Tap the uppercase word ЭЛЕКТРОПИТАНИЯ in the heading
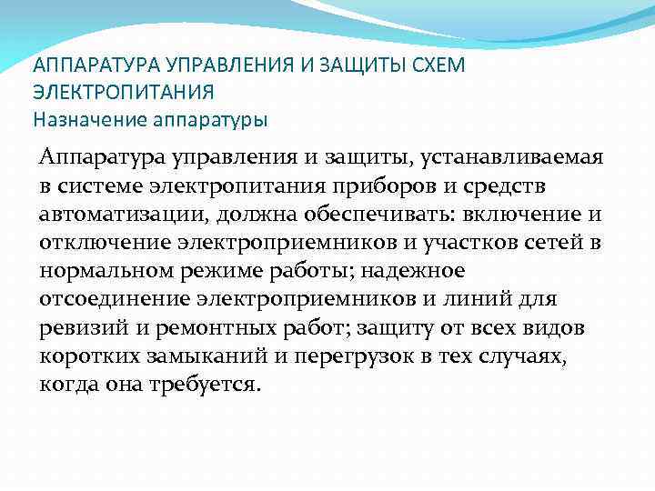pos(124,92)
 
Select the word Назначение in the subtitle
pos(79,118)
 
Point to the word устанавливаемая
pos(526,159)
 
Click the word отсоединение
pos(113,300)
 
